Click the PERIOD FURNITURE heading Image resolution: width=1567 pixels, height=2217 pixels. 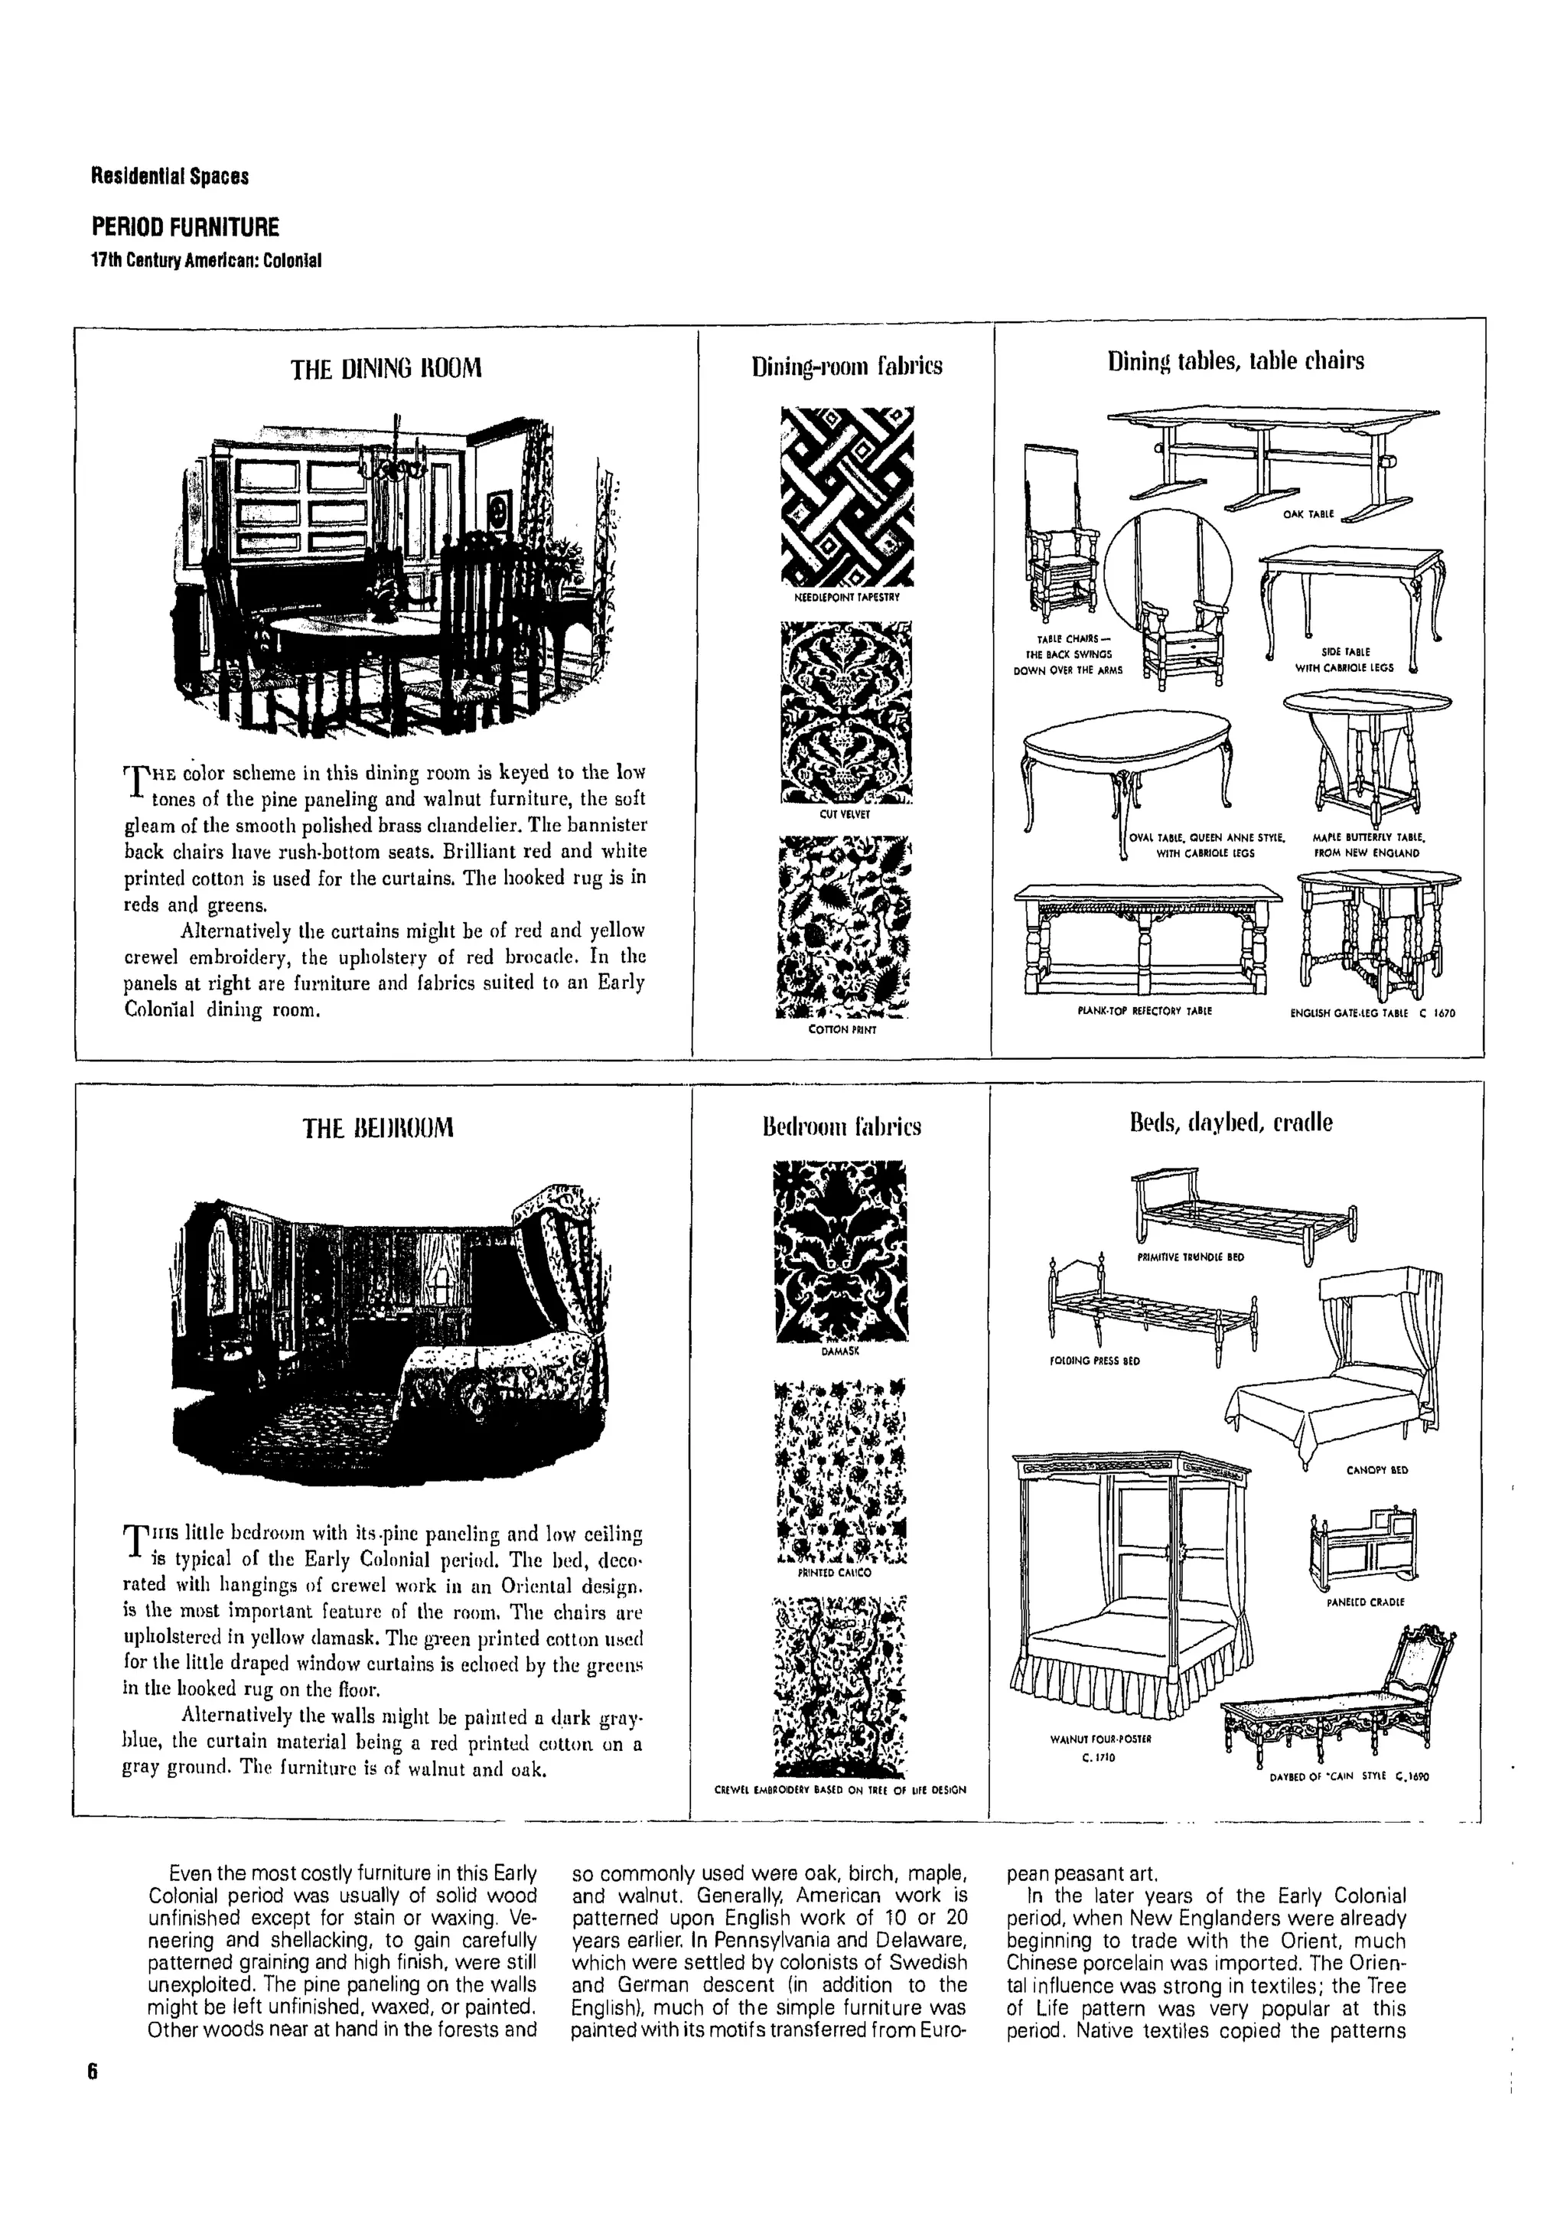(185, 227)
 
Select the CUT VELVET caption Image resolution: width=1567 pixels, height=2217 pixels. (845, 814)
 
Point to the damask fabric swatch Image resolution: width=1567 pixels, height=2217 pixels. (840, 1250)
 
